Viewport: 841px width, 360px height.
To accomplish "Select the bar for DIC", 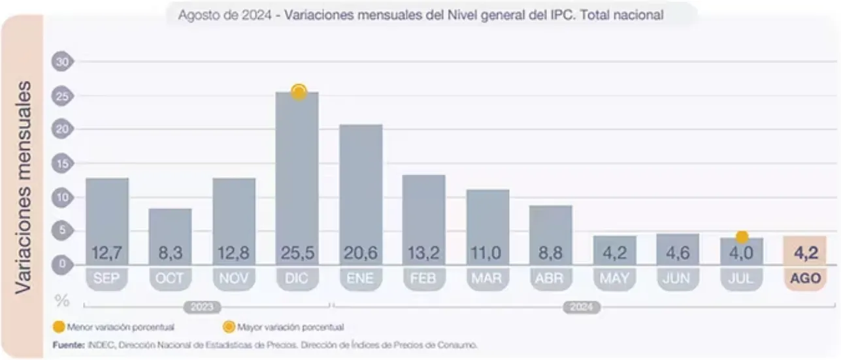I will click(x=297, y=176).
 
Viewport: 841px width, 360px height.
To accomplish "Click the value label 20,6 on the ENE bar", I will click(x=361, y=253).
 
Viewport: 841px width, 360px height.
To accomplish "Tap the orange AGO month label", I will click(x=805, y=279).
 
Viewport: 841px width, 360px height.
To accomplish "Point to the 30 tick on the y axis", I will click(x=62, y=62).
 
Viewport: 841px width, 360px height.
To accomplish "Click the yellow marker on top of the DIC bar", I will click(x=299, y=92).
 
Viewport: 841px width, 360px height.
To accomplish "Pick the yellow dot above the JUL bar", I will click(x=742, y=237).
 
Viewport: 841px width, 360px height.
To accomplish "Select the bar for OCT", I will click(x=171, y=235).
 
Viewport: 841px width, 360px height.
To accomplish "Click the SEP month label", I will click(x=107, y=279).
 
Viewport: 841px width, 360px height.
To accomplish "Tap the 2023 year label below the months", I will click(x=202, y=307).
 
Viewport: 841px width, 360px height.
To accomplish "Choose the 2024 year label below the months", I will click(x=581, y=307).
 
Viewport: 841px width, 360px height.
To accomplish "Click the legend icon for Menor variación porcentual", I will click(x=58, y=327).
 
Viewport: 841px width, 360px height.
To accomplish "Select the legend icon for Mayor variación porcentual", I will click(x=229, y=327).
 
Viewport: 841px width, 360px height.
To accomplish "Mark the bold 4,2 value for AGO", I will click(x=804, y=253).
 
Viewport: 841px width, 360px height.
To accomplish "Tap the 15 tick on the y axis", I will click(x=62, y=163).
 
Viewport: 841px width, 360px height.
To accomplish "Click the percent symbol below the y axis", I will click(x=62, y=301).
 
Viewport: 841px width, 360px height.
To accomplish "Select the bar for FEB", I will click(x=424, y=219).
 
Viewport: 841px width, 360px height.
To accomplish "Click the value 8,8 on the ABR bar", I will click(x=551, y=253).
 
